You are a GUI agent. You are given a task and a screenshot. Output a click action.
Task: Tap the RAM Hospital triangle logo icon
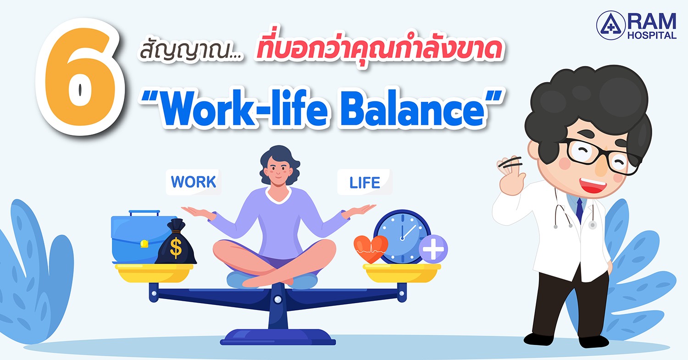(610, 26)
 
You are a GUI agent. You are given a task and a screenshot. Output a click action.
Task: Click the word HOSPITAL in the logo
(652, 35)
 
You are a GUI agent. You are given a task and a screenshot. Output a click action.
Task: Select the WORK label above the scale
(194, 182)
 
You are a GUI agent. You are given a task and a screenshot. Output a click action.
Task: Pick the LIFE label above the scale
(365, 183)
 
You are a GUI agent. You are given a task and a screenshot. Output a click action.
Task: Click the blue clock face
(402, 237)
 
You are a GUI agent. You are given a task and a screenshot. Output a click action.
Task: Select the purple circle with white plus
(433, 249)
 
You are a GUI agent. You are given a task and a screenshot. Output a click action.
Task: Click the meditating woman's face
(278, 171)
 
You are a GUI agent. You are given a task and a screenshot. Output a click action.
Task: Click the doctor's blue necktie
(579, 210)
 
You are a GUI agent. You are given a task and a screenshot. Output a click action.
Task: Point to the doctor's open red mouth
(594, 184)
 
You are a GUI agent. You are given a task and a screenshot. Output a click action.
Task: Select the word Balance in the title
(412, 109)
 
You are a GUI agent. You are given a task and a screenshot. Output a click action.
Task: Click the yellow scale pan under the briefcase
(154, 273)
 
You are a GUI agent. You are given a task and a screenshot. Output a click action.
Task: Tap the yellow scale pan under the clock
(402, 273)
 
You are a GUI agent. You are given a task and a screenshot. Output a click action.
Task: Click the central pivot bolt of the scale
(277, 299)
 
